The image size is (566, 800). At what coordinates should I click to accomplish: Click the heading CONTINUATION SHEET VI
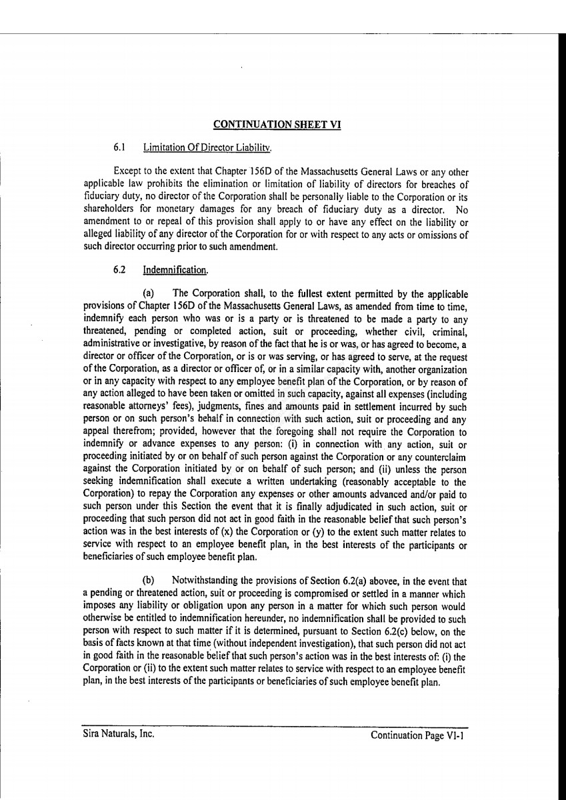coord(277,124)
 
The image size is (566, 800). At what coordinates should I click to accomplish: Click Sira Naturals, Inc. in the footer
coord(119,735)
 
